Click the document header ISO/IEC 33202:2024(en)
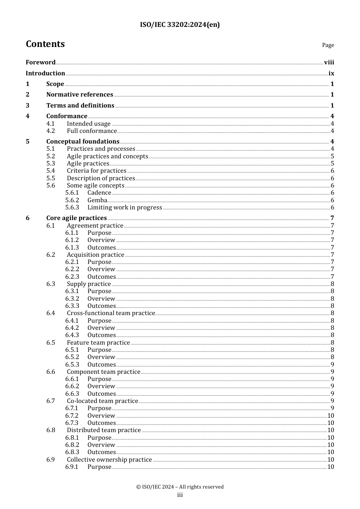pos(180,25)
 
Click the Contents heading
pos(45,44)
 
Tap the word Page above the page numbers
pos(328,45)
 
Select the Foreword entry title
pos(41,62)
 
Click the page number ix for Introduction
pos(331,73)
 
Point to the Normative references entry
pos(80,94)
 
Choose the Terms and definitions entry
pos(80,105)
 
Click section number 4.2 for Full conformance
pos(51,131)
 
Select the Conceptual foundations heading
pos(83,141)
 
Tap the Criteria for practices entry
pos(97,170)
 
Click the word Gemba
pos(97,200)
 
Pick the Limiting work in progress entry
pos(125,207)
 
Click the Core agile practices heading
pos(77,218)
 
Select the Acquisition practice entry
pos(95,254)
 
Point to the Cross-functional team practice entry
pos(111,313)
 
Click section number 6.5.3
pos(72,364)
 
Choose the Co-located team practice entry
pos(102,401)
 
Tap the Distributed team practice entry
pos(104,430)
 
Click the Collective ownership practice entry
pos(109,459)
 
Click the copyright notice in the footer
pos(180,487)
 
